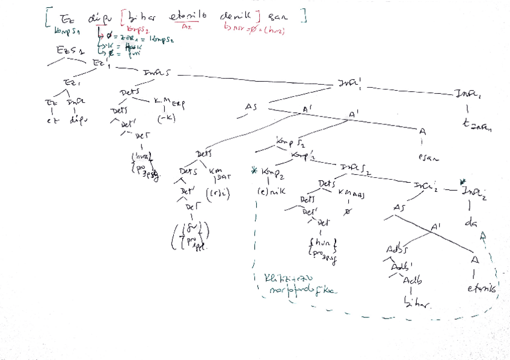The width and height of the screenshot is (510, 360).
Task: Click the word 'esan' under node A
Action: pyautogui.click(x=428, y=159)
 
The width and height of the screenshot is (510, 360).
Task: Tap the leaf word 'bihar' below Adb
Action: pyautogui.click(x=418, y=305)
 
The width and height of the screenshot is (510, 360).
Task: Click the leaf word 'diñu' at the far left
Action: pyautogui.click(x=75, y=120)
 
